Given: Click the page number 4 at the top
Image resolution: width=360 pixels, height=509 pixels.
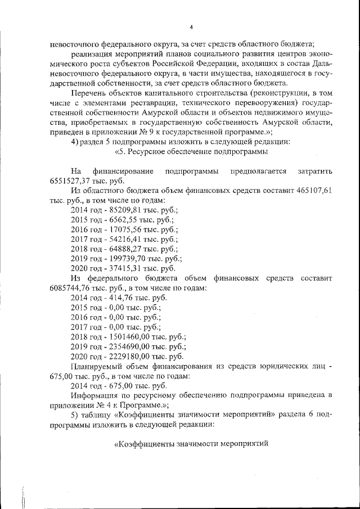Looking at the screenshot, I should pos(191,27).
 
